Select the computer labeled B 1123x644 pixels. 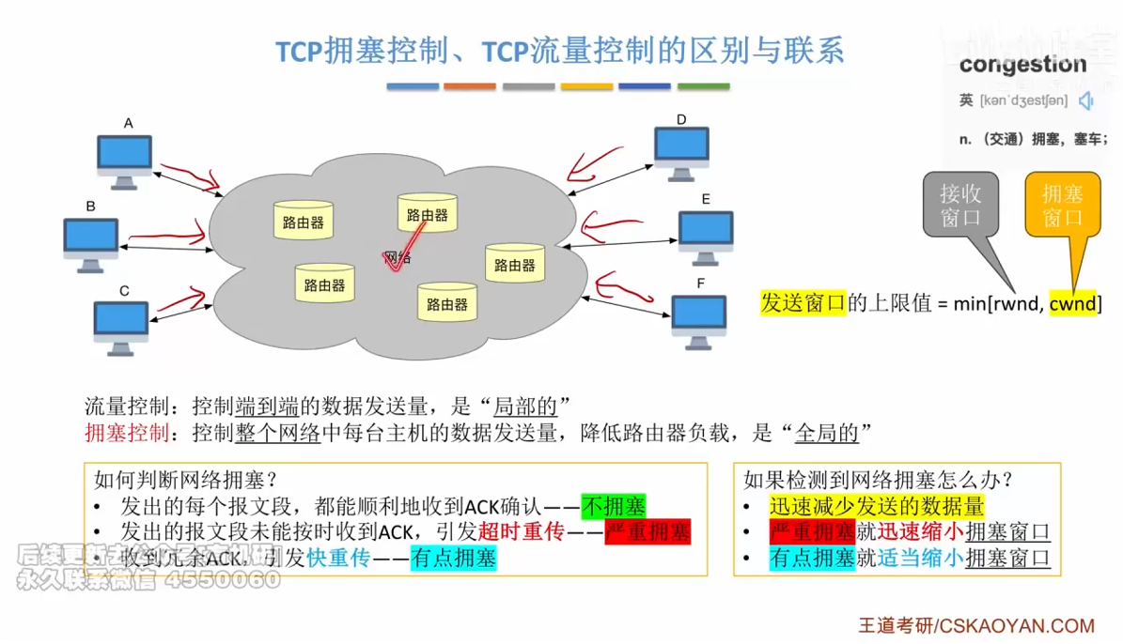(91, 244)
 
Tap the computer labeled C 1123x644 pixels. (121, 328)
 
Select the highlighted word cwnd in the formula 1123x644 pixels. (1072, 303)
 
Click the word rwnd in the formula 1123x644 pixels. (1013, 303)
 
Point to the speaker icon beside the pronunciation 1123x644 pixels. (1087, 100)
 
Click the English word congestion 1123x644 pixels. (1022, 65)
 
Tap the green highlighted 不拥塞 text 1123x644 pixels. (614, 507)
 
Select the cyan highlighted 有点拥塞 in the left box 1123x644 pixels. (453, 559)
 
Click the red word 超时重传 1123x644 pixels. (521, 532)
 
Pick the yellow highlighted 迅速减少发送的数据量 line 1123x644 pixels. (876, 507)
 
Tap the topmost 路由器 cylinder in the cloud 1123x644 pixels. (427, 213)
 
